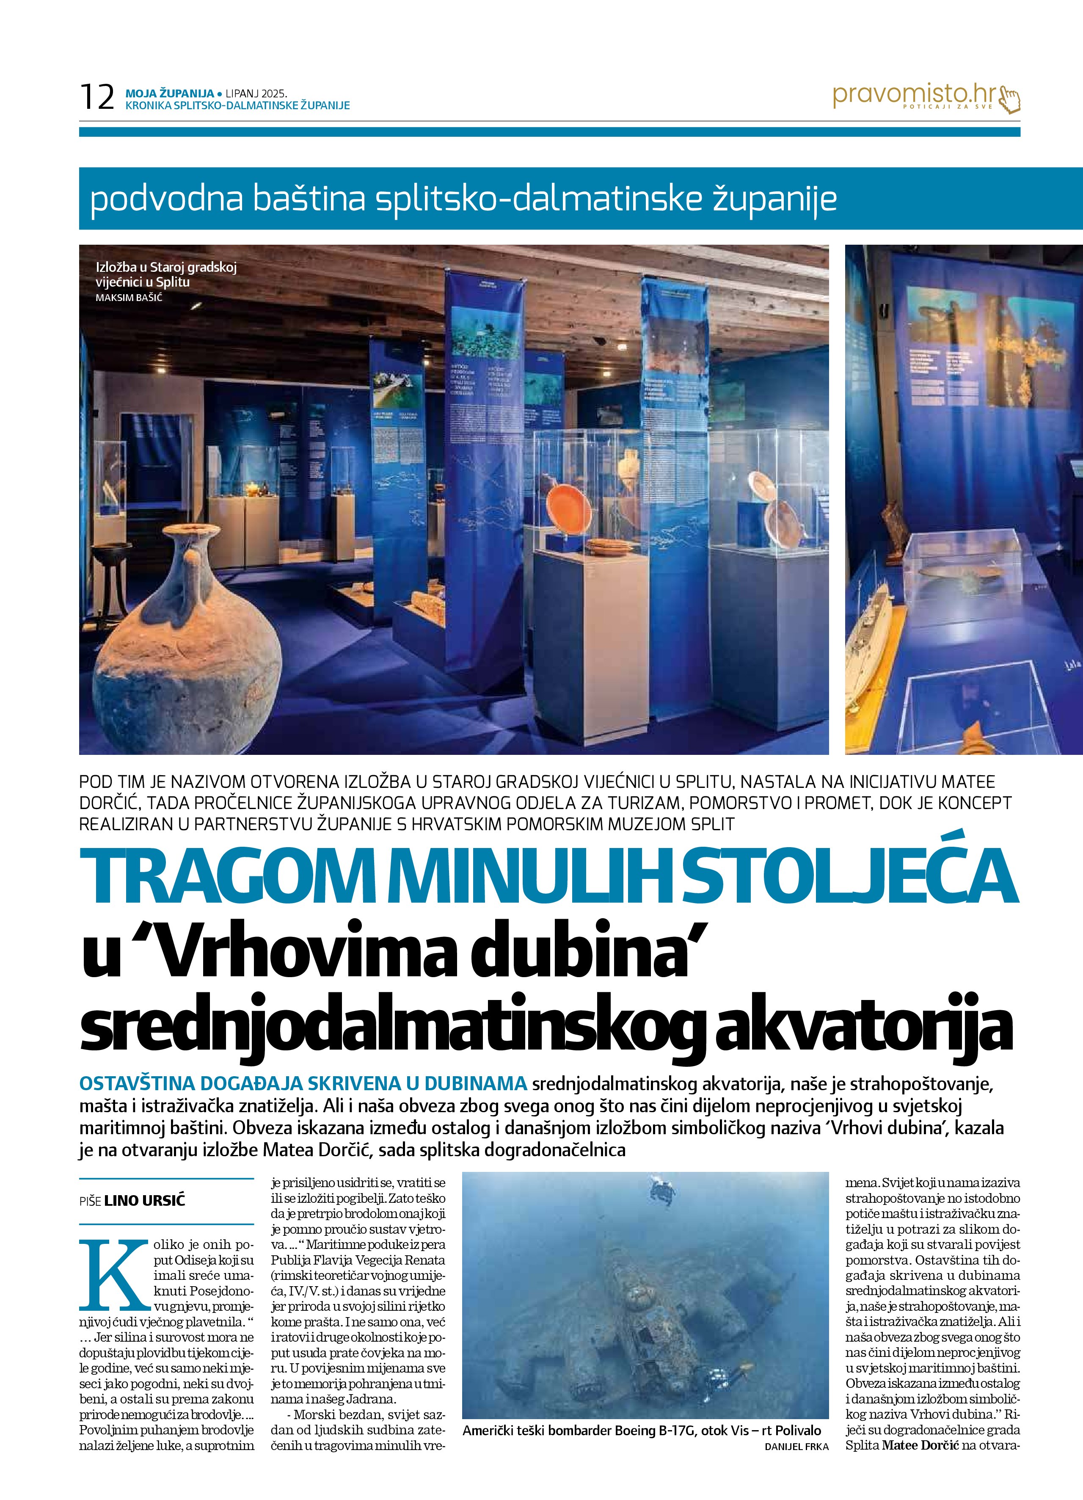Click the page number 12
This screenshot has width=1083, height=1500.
[x=96, y=97]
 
